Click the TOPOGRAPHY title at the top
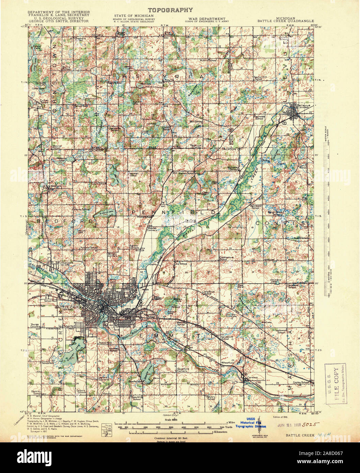pos(170,10)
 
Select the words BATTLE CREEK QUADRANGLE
pos(285,21)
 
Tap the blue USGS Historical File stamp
pos(252,423)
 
